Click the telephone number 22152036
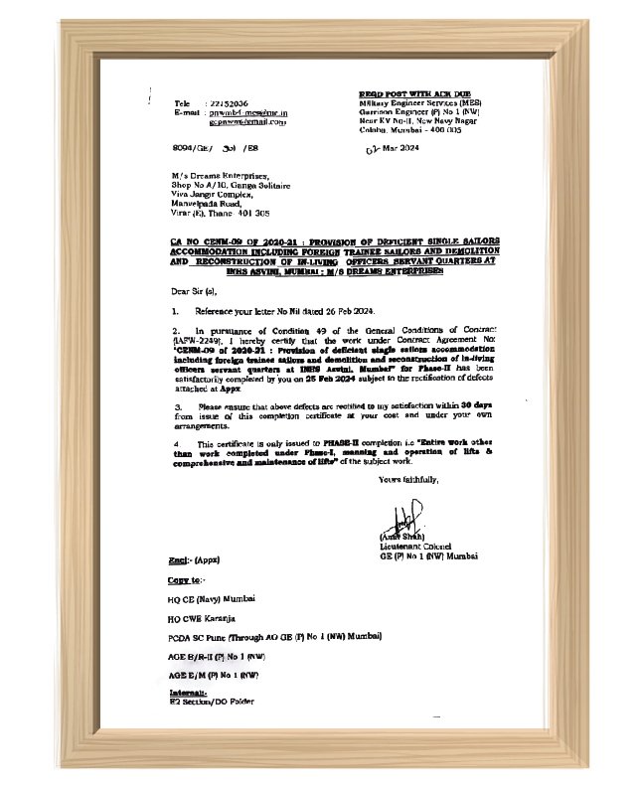point(229,103)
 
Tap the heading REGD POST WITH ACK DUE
point(413,92)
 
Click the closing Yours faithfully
point(408,479)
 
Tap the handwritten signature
point(401,519)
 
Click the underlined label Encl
point(179,560)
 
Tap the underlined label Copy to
point(186,579)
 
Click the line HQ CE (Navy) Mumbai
point(212,599)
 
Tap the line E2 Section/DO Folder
point(212,702)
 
